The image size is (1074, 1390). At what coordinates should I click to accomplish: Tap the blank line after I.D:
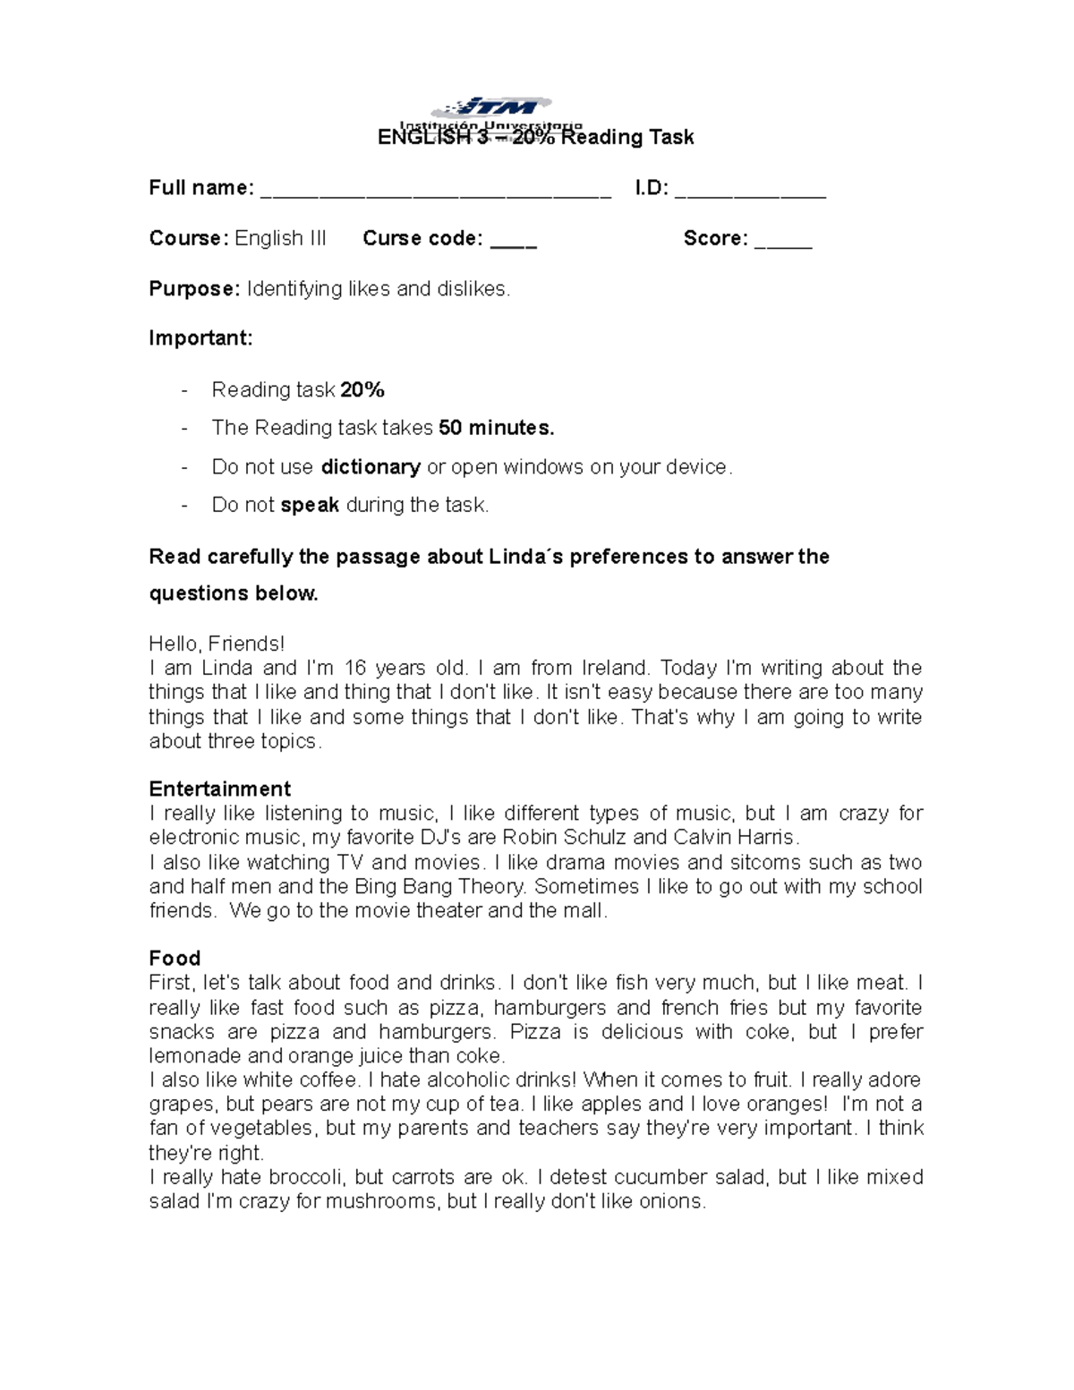click(x=750, y=192)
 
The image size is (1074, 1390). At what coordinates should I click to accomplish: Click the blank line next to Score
click(x=783, y=243)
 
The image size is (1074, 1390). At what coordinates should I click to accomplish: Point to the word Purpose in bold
click(x=193, y=289)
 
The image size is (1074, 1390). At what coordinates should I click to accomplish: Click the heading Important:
click(x=200, y=338)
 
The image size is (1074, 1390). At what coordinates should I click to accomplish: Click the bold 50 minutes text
click(x=497, y=428)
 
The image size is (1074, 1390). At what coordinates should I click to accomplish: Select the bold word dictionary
click(x=371, y=467)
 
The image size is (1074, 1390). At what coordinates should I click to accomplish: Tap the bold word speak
click(x=310, y=505)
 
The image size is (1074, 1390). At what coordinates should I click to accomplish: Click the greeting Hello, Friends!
click(x=217, y=644)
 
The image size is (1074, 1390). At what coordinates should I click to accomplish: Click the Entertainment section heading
click(x=219, y=789)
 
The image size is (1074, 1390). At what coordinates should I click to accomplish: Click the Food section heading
click(x=175, y=958)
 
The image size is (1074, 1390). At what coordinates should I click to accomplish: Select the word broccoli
click(x=311, y=1177)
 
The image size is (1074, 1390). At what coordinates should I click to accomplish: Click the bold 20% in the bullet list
click(x=362, y=390)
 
